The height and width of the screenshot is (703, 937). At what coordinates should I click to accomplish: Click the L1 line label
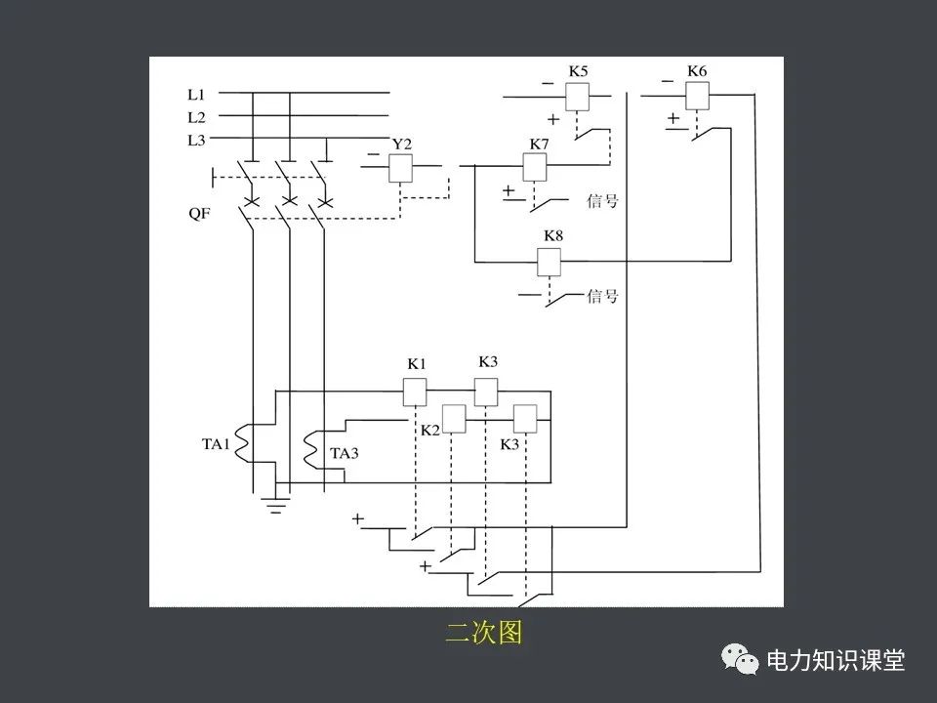pyautogui.click(x=196, y=95)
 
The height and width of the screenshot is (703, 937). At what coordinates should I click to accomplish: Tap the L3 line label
pyautogui.click(x=196, y=141)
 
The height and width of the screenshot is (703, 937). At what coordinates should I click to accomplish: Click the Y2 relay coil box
pyautogui.click(x=401, y=168)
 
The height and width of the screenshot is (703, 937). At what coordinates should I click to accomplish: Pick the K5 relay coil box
pyautogui.click(x=577, y=96)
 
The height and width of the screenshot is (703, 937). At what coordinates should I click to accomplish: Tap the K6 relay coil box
pyautogui.click(x=696, y=95)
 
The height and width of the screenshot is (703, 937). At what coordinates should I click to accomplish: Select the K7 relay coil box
pyautogui.click(x=535, y=167)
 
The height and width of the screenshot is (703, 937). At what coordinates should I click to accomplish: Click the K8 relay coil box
pyautogui.click(x=550, y=262)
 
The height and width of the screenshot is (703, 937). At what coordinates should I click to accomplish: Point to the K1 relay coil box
pyautogui.click(x=416, y=391)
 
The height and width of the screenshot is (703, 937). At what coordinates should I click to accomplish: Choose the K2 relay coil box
pyautogui.click(x=454, y=419)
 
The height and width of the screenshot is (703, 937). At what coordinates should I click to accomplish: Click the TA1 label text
pyautogui.click(x=216, y=444)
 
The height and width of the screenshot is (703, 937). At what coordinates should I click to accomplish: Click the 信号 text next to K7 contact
pyautogui.click(x=602, y=201)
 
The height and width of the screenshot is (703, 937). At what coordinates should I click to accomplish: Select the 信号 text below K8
pyautogui.click(x=602, y=295)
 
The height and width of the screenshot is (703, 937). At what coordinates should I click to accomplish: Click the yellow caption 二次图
pyautogui.click(x=484, y=633)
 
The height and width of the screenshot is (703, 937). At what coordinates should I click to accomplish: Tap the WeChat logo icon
pyautogui.click(x=741, y=660)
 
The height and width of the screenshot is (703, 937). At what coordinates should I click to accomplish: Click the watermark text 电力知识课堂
pyautogui.click(x=836, y=660)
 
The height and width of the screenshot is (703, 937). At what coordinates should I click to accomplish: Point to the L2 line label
pyautogui.click(x=196, y=117)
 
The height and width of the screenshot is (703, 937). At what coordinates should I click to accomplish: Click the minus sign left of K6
pyautogui.click(x=667, y=81)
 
